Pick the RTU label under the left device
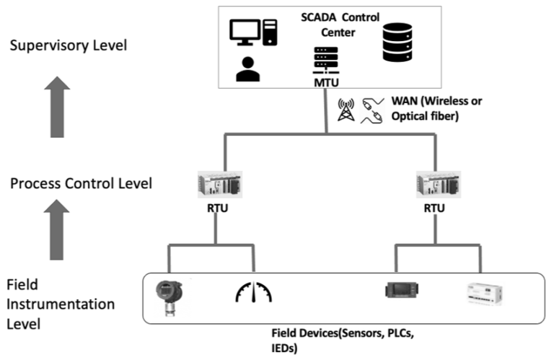point(217,209)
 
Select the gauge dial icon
point(254,291)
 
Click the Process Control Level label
point(81,183)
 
